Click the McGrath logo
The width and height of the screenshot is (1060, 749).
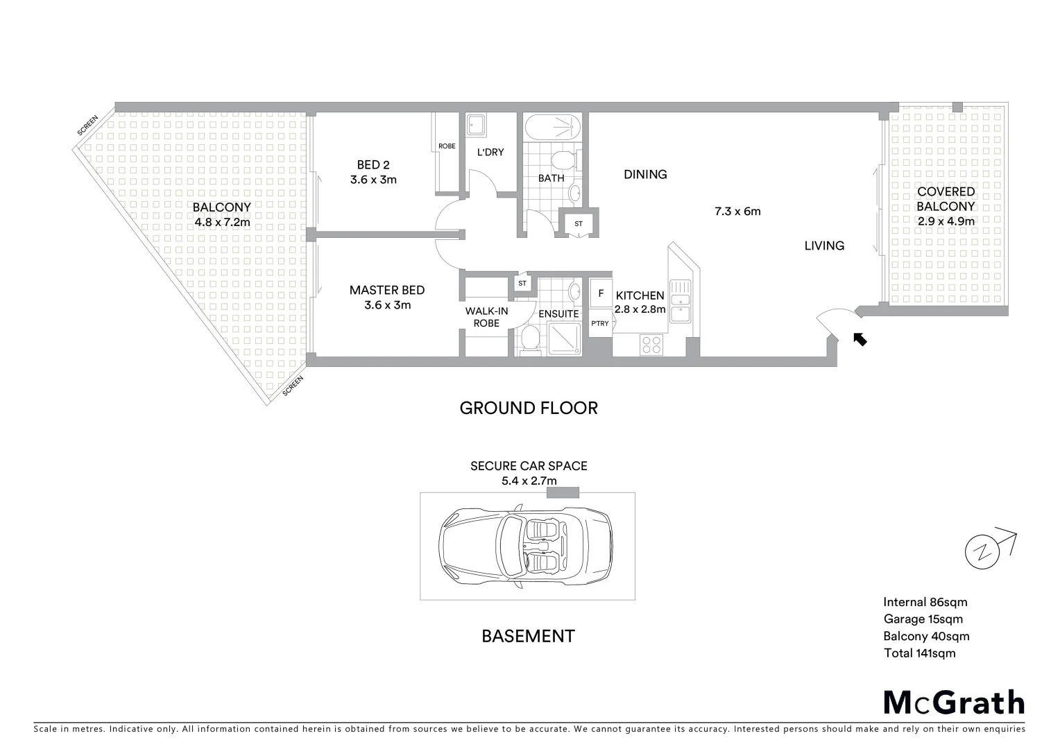pyautogui.click(x=953, y=703)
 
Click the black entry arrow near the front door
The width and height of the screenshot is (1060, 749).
pyautogui.click(x=860, y=338)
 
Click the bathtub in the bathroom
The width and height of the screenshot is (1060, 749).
pyautogui.click(x=552, y=128)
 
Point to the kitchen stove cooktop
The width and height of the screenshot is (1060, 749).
pyautogui.click(x=651, y=344)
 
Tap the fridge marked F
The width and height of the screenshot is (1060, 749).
pyautogui.click(x=600, y=293)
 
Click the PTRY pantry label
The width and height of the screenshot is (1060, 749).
pyautogui.click(x=600, y=323)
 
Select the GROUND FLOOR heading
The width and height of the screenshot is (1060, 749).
pyautogui.click(x=529, y=408)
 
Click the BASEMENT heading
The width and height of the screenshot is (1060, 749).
pyautogui.click(x=528, y=636)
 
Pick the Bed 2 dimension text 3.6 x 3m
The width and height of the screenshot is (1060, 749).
pyautogui.click(x=373, y=180)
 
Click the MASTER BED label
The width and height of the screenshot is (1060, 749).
pyautogui.click(x=387, y=290)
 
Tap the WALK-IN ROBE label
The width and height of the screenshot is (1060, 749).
pyautogui.click(x=486, y=317)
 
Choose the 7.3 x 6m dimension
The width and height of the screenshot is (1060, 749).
pyautogui.click(x=737, y=211)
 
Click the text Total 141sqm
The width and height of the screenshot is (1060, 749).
pyautogui.click(x=919, y=653)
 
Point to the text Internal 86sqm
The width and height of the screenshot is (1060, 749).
pyautogui.click(x=925, y=602)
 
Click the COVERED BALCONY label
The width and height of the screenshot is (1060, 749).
pyautogui.click(x=946, y=199)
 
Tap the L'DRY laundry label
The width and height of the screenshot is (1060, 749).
pyautogui.click(x=490, y=152)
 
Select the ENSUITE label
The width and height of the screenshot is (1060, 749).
pyautogui.click(x=558, y=313)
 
